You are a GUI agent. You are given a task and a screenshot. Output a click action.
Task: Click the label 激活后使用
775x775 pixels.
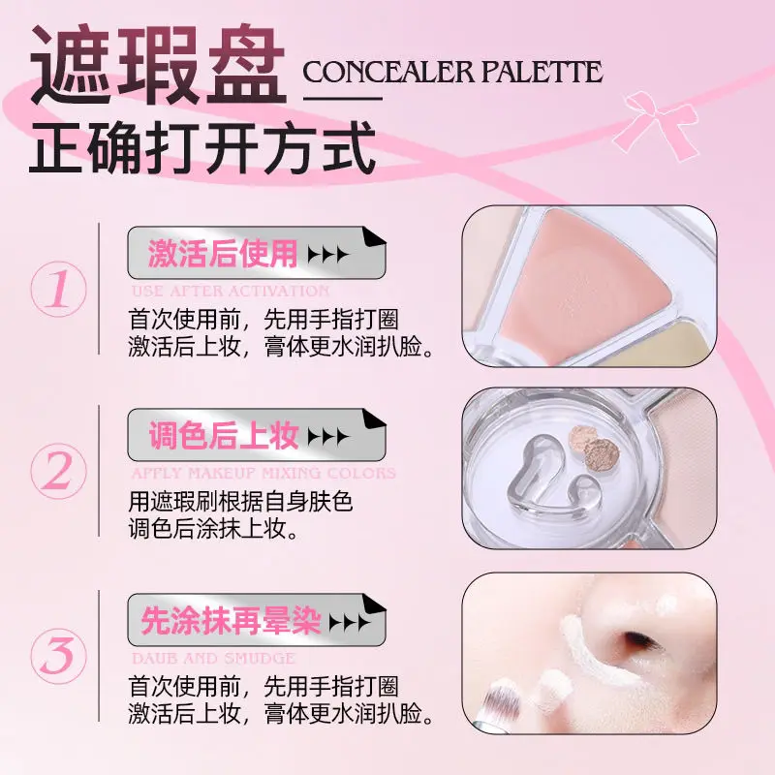223,254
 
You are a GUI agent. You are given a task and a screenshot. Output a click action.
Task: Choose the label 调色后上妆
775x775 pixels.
224,437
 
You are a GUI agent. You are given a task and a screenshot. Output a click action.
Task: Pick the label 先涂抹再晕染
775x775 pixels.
232,621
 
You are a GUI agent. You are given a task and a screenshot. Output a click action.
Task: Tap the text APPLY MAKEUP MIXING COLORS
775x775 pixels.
263,474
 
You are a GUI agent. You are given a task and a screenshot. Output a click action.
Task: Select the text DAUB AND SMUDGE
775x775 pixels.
212,658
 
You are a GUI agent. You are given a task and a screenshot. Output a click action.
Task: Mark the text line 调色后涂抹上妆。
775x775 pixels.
214,529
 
